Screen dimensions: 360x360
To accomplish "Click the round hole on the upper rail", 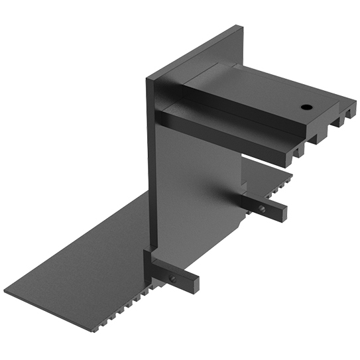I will pos(306,107).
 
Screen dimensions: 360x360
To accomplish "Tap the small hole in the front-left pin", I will pos(172,278).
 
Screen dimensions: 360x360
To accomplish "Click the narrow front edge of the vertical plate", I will pos(151,166).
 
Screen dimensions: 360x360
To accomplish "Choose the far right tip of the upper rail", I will pos(354,103).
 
